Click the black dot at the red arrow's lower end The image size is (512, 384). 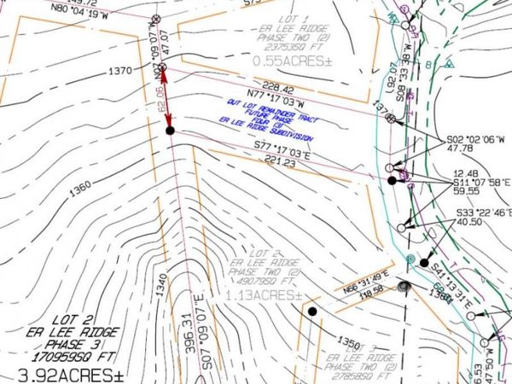click(x=170, y=131)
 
